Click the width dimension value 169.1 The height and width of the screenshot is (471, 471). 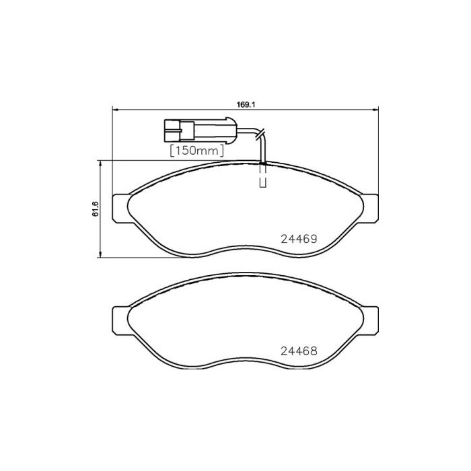pyautogui.click(x=243, y=104)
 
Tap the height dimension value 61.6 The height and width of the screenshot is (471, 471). pyautogui.click(x=96, y=209)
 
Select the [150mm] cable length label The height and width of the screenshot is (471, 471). pyautogui.click(x=196, y=151)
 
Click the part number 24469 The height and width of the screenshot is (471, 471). pyautogui.click(x=298, y=238)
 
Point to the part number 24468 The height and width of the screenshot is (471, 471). pyautogui.click(x=298, y=351)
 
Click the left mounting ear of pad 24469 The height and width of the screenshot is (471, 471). pyautogui.click(x=119, y=208)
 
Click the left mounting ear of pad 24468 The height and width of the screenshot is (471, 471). pyautogui.click(x=119, y=320)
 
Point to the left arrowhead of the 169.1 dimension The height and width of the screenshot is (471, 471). pyautogui.click(x=113, y=110)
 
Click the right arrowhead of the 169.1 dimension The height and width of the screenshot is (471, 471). pyautogui.click(x=375, y=110)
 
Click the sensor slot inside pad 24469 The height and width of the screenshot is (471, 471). pyautogui.click(x=263, y=179)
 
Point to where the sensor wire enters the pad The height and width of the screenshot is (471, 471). pyautogui.click(x=263, y=164)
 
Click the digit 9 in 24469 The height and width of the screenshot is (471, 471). pyautogui.click(x=313, y=238)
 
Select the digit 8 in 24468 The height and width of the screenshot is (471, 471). pyautogui.click(x=313, y=351)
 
